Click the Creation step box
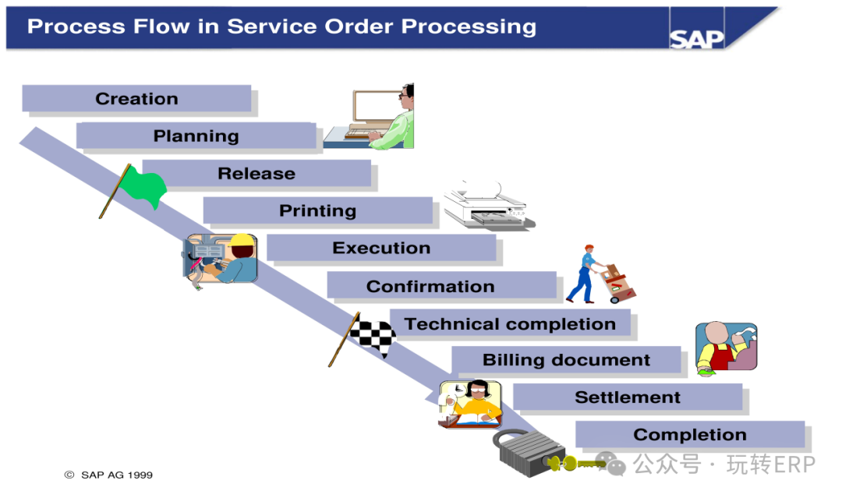pyautogui.click(x=136, y=98)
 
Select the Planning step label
pyautogui.click(x=196, y=136)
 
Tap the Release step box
pyautogui.click(x=256, y=173)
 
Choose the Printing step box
pyautogui.click(x=318, y=210)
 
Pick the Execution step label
pyautogui.click(x=381, y=248)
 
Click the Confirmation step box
pyautogui.click(x=441, y=285)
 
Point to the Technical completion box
pyautogui.click(x=510, y=323)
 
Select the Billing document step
pyautogui.click(x=567, y=359)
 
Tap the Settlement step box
pyautogui.click(x=628, y=397)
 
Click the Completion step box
pyautogui.click(x=690, y=434)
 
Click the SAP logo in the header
pyautogui.click(x=696, y=39)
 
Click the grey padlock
pyautogui.click(x=528, y=452)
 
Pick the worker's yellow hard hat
pyautogui.click(x=242, y=240)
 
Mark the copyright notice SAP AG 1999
pyautogui.click(x=108, y=475)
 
